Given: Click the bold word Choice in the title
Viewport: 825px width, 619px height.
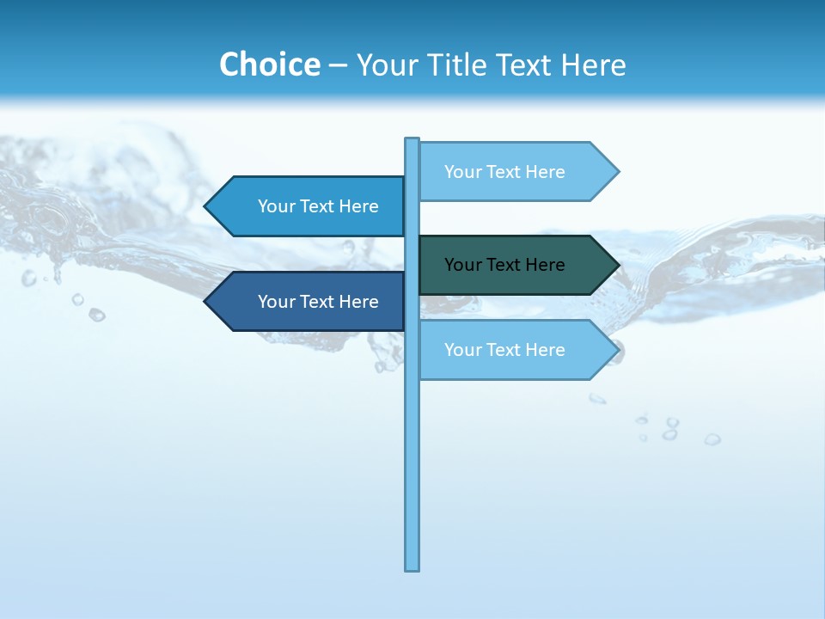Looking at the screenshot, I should [269, 64].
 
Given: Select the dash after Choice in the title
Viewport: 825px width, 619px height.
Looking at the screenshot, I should [338, 65].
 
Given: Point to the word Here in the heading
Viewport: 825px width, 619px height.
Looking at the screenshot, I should [593, 64].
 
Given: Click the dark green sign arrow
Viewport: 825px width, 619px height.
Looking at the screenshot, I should [516, 265].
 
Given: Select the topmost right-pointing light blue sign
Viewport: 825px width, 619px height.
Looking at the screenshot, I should [516, 172].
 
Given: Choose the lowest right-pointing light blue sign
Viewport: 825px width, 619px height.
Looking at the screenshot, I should [516, 350].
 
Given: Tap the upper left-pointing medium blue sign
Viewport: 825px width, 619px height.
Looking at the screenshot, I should [309, 206].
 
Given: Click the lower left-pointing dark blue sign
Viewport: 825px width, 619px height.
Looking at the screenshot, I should [309, 302].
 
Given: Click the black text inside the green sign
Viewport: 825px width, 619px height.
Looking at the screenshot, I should [504, 265].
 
